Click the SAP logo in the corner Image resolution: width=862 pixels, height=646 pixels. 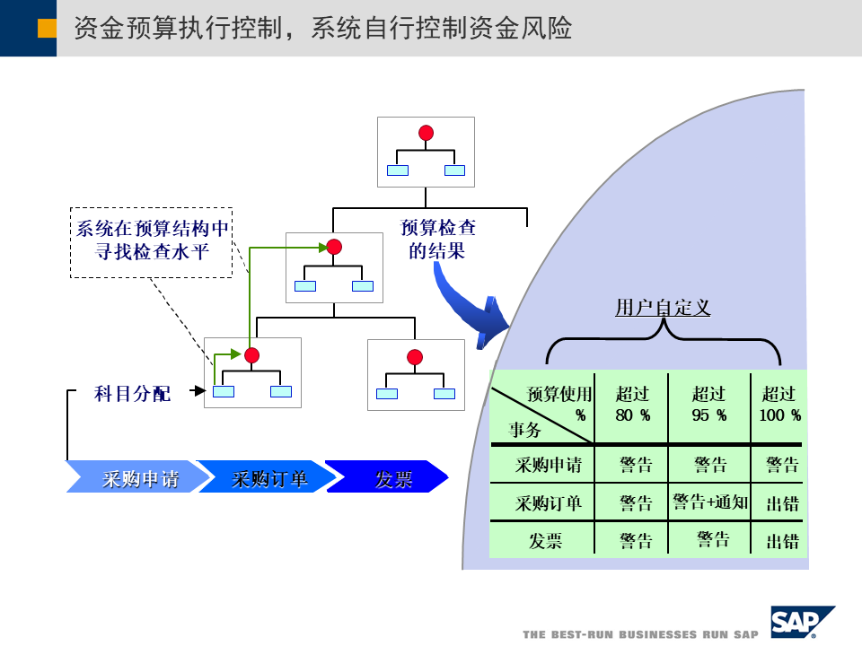[x=802, y=620]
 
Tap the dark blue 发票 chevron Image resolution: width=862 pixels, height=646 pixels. [x=390, y=477]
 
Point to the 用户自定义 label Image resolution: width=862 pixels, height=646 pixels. [x=663, y=308]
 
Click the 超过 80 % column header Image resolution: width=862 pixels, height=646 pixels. [x=632, y=405]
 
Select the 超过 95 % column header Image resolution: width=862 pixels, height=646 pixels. [x=709, y=405]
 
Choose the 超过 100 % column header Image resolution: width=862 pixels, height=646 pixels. [x=778, y=405]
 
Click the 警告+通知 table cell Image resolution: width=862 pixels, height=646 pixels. [x=709, y=502]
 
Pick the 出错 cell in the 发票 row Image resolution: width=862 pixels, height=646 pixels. [x=782, y=541]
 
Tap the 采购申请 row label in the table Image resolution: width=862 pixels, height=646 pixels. [x=549, y=465]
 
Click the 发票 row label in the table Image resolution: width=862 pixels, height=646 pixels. [x=545, y=541]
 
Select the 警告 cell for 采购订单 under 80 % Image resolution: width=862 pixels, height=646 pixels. [x=636, y=503]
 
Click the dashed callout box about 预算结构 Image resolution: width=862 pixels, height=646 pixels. [x=150, y=240]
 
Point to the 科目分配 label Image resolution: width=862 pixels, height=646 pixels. [x=132, y=393]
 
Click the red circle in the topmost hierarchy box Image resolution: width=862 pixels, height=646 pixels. [x=426, y=134]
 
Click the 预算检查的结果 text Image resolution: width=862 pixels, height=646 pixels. [x=438, y=240]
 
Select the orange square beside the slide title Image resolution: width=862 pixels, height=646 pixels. [x=47, y=29]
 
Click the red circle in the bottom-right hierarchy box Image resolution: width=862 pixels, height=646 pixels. [x=414, y=356]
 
